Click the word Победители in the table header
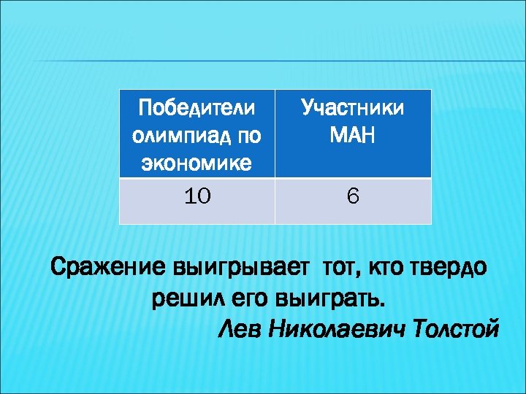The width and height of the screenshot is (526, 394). tap(197, 109)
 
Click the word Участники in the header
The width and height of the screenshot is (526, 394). tap(354, 109)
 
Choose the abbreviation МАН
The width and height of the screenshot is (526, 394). tap(354, 136)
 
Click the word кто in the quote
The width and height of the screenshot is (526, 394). tap(382, 269)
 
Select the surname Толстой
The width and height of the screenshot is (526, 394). tap(457, 329)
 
